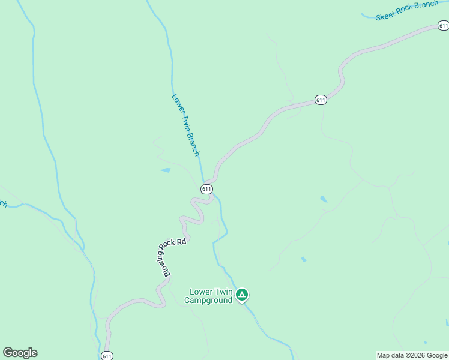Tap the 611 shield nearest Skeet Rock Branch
[x=443, y=25]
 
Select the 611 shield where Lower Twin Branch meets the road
[x=206, y=189]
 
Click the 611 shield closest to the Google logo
[x=107, y=355]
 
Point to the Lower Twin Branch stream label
[x=185, y=125]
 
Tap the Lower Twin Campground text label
[x=208, y=296]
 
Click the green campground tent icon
[x=242, y=295]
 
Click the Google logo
[x=20, y=353]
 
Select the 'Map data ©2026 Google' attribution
[x=411, y=355]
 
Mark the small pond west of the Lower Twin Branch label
[x=166, y=170]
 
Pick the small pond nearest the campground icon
[x=303, y=259]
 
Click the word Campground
[x=208, y=300]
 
